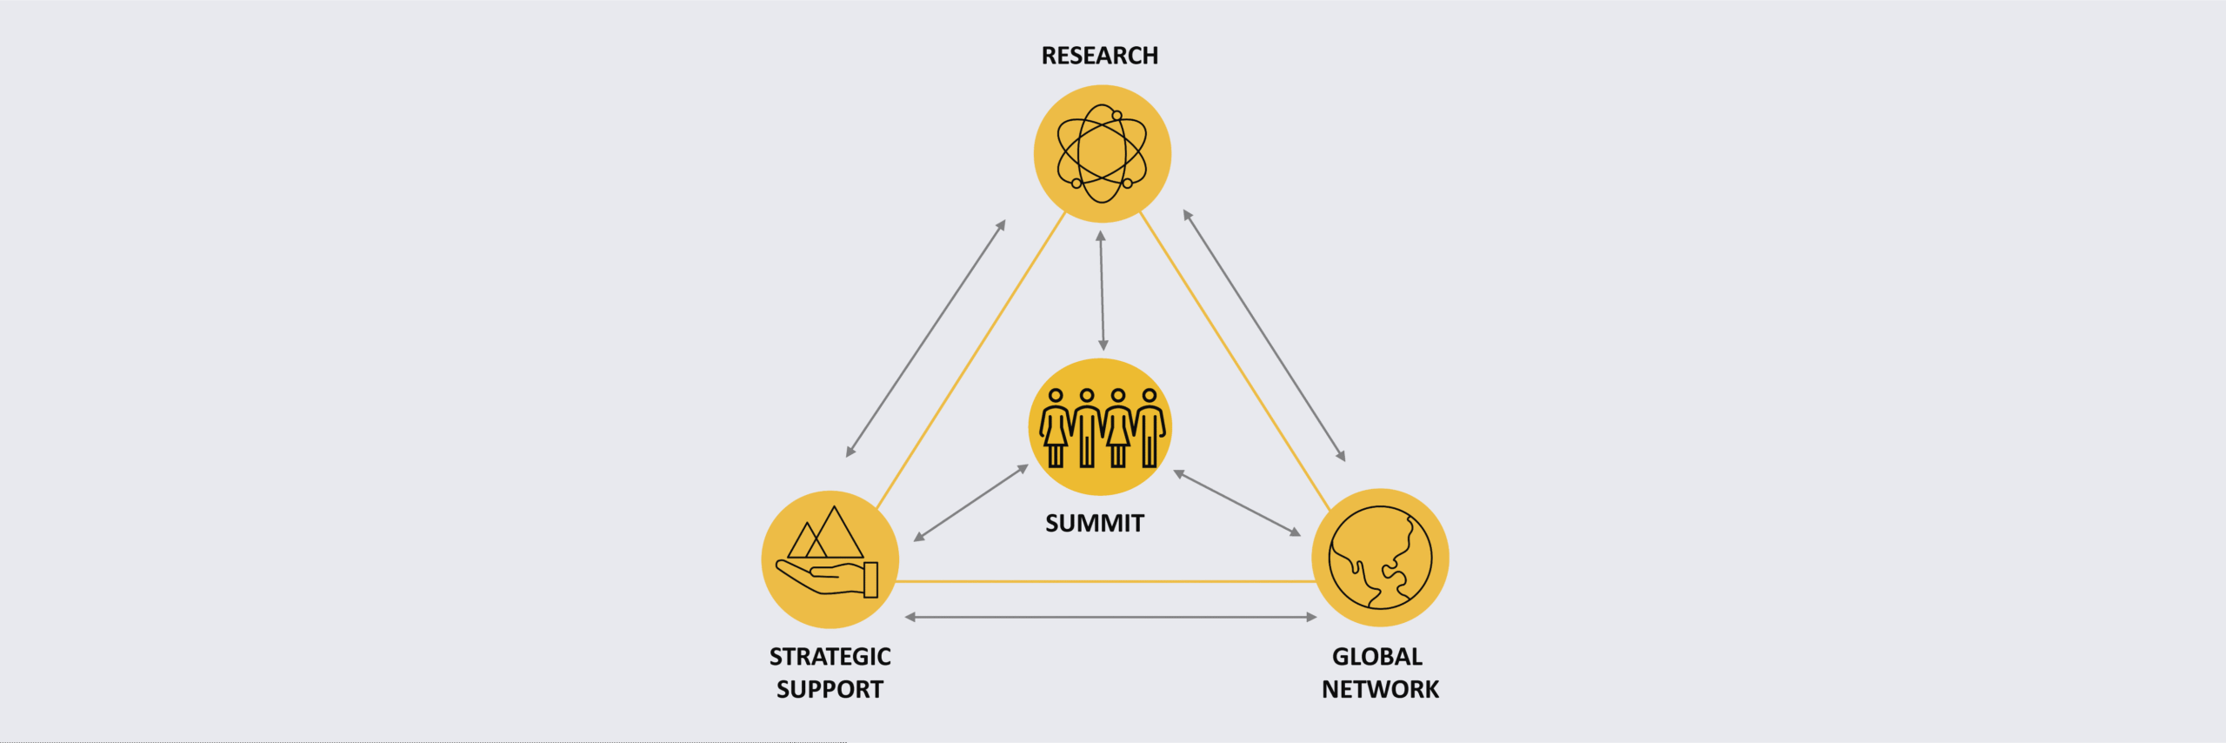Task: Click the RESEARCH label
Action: pos(1100,56)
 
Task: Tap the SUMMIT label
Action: pos(1095,523)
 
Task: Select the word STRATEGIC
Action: pos(830,656)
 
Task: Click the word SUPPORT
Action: pos(830,689)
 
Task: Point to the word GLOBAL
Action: pos(1377,656)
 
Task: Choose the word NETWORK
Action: pos(1381,689)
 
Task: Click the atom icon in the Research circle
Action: pos(1102,153)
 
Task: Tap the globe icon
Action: pos(1380,558)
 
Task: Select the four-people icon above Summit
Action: pos(1102,428)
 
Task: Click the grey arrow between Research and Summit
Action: pos(1102,291)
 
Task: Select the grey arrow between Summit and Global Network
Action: pos(1237,503)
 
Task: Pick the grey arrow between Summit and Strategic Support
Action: pos(971,503)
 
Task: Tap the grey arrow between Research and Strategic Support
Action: pos(926,338)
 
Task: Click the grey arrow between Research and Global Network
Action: pos(1264,335)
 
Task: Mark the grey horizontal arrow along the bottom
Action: pos(1111,617)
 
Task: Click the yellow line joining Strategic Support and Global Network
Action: pos(1105,581)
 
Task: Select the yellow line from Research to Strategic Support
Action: pos(970,360)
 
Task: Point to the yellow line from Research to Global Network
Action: pos(1235,361)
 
